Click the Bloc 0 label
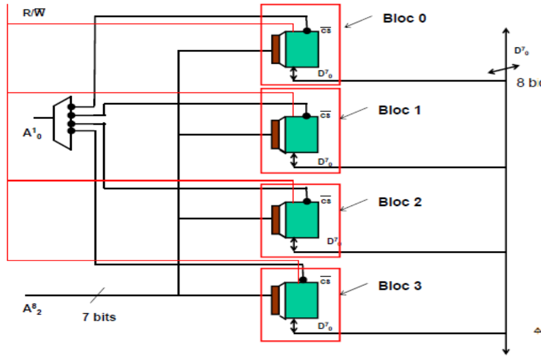point(405,18)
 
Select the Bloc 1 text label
point(399,110)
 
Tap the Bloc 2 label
point(400,202)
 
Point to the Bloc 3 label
point(400,286)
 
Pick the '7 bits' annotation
point(99,317)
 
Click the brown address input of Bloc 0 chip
point(276,49)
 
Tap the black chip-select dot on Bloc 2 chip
point(307,201)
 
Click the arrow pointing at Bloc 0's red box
point(356,22)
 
